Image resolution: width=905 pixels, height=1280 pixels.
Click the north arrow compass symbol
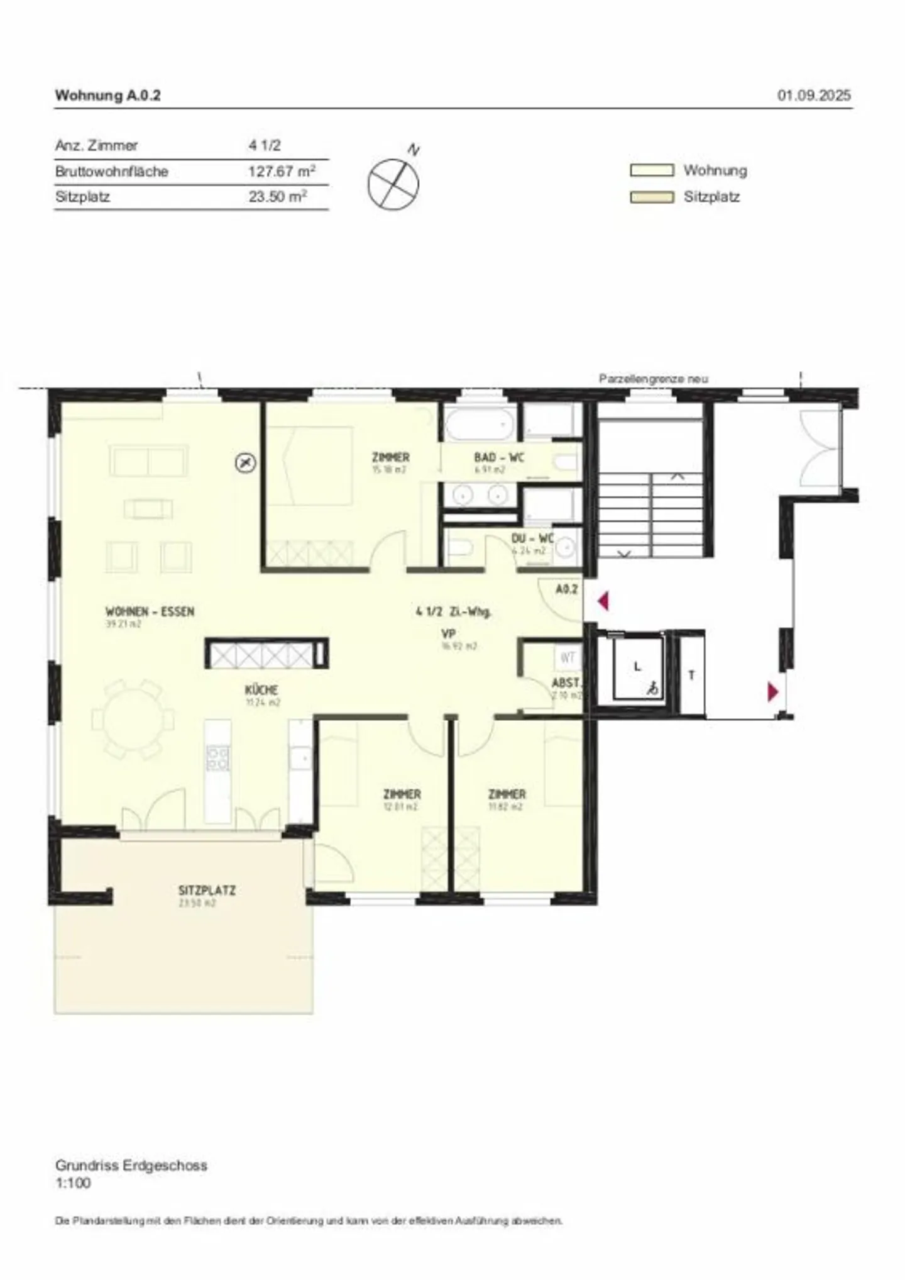[393, 183]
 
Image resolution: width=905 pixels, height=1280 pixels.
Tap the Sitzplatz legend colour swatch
[652, 197]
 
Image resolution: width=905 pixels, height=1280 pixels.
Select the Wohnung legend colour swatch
[652, 170]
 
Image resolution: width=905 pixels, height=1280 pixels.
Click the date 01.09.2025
[814, 96]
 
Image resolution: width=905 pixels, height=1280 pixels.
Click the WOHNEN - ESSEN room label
[150, 611]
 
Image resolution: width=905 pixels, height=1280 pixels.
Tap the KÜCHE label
[261, 691]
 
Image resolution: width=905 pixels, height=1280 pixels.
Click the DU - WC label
[532, 538]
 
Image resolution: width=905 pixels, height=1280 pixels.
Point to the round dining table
[133, 718]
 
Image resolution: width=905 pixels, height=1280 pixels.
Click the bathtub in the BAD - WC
[480, 423]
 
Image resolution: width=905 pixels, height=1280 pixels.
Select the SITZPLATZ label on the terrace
[207, 891]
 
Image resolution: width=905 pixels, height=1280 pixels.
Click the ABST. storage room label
[566, 683]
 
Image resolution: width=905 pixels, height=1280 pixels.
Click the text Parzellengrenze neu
[653, 379]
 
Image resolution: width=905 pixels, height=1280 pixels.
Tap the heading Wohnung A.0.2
[107, 96]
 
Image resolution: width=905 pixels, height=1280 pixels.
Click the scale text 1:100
[73, 1183]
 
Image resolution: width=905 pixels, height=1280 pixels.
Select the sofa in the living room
[149, 460]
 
